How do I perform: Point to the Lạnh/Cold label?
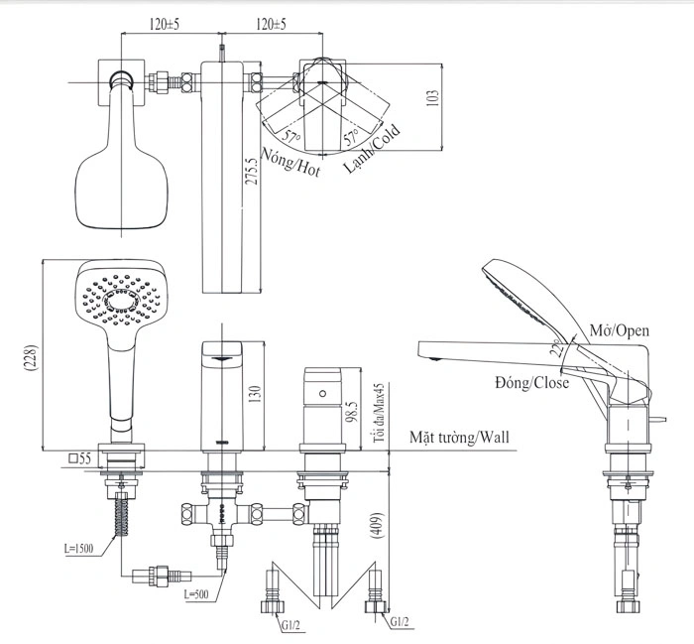coord(373,149)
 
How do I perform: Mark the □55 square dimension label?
coord(81,458)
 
